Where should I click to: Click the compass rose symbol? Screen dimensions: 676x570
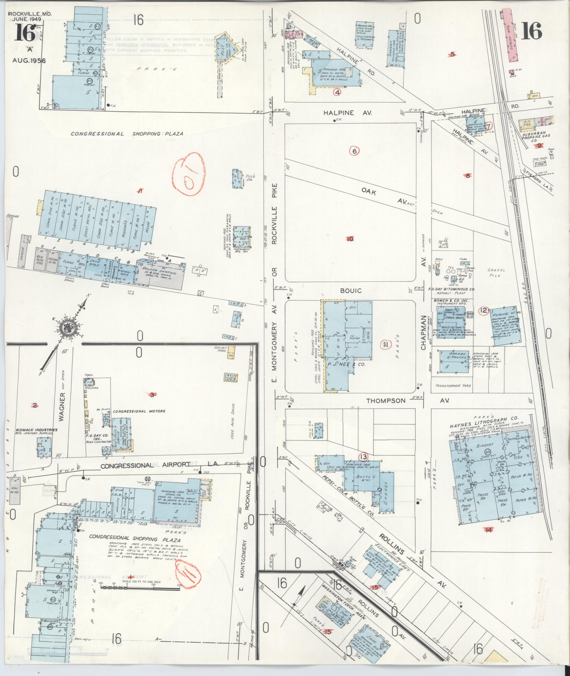point(66,329)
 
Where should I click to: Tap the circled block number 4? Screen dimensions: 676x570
point(337,93)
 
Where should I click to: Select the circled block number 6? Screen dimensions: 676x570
point(354,151)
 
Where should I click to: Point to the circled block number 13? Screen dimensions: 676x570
point(363,456)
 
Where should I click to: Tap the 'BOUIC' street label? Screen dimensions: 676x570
point(351,290)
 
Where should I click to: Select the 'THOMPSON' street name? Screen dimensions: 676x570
point(386,401)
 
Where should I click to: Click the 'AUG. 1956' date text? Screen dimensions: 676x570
point(29,60)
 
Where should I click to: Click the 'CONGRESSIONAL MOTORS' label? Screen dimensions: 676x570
point(135,411)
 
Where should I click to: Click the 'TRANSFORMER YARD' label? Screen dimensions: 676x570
point(453,386)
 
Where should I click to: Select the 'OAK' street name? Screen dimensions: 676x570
point(368,193)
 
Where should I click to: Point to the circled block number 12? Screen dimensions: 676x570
point(483,311)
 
